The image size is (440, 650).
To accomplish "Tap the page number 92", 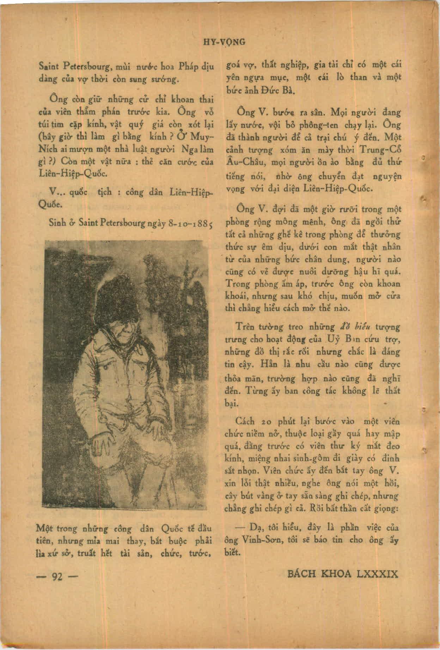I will pyautogui.click(x=57, y=576).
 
